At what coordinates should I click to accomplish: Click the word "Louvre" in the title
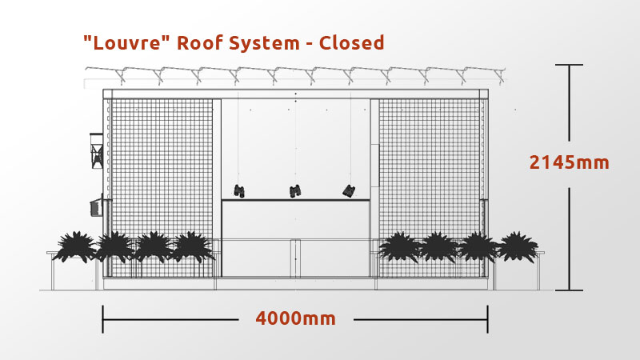tap(123, 42)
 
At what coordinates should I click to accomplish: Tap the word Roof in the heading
tap(199, 42)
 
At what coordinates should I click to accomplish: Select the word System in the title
tap(264, 43)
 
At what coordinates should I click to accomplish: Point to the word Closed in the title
tap(351, 42)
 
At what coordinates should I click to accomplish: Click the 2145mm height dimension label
tap(569, 162)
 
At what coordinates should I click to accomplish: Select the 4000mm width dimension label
tap(295, 318)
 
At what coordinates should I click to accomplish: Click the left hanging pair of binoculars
tap(239, 191)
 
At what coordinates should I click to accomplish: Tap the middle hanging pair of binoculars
tap(295, 191)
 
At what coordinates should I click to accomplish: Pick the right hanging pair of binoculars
tap(349, 190)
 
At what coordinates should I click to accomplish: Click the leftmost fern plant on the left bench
tap(75, 246)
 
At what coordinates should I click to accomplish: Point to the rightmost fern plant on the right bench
tap(518, 247)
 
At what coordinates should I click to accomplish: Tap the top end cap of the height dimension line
tap(569, 65)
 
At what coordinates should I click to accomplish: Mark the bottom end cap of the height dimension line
tap(569, 290)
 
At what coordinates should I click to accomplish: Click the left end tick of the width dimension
tap(103, 319)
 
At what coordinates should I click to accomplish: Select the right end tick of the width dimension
tap(487, 319)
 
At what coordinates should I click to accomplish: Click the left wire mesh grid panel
tap(162, 188)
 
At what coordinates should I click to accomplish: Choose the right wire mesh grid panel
tap(430, 188)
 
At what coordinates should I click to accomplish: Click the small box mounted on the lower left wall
tap(96, 206)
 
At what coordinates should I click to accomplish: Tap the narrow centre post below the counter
tap(295, 258)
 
